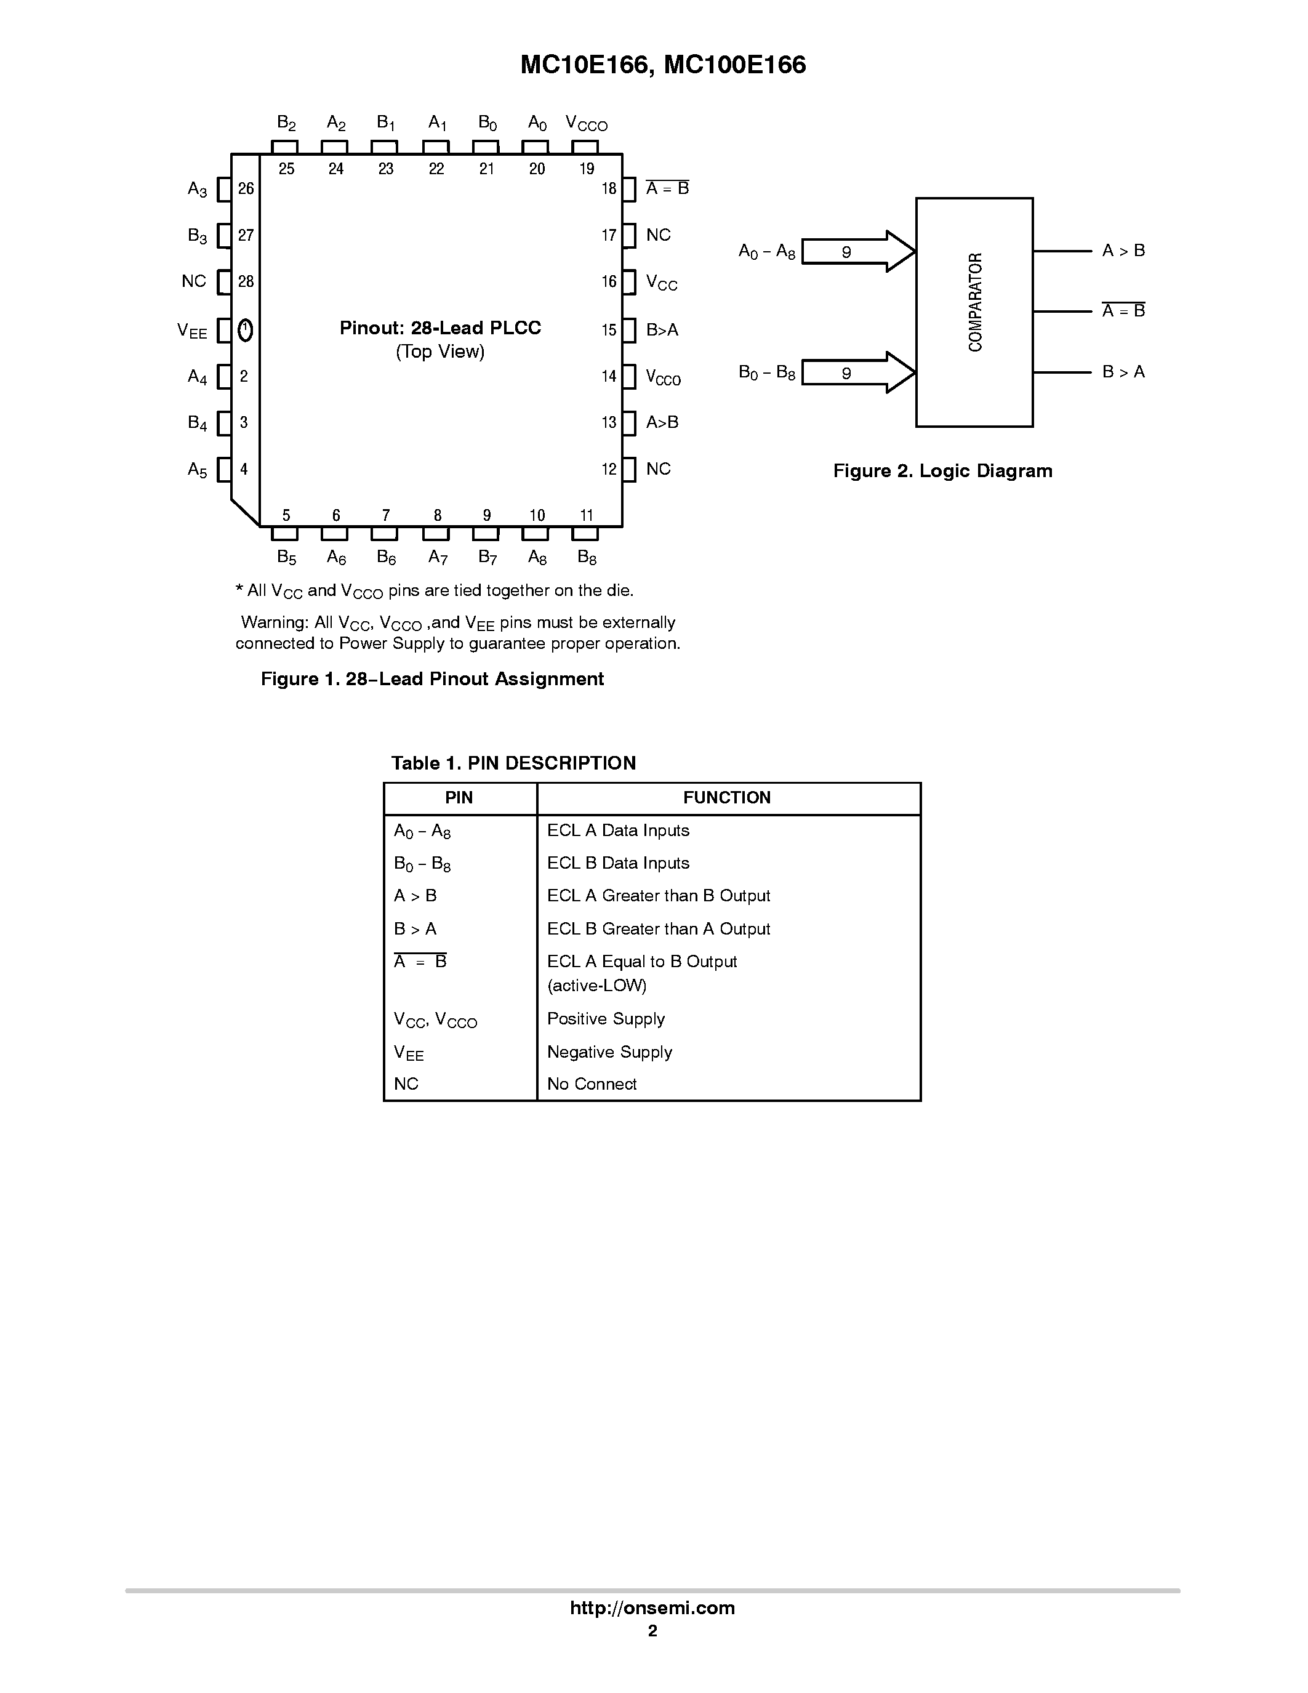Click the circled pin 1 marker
tap(245, 330)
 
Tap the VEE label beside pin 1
tap(192, 332)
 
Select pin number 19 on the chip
tap(587, 169)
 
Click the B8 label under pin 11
tap(587, 557)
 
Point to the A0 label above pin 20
tap(537, 123)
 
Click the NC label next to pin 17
tap(658, 235)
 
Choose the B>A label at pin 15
tap(662, 330)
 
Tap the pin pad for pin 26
tap(224, 189)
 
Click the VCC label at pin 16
tap(661, 283)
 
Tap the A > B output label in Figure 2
tap(1123, 251)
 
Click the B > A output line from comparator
tap(1062, 372)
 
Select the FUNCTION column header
tap(726, 798)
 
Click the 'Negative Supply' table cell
tap(609, 1052)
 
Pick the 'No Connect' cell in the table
tap(592, 1084)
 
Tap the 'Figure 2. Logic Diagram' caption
tap(942, 470)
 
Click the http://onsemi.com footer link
tap(652, 1607)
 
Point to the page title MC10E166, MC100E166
tap(662, 65)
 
